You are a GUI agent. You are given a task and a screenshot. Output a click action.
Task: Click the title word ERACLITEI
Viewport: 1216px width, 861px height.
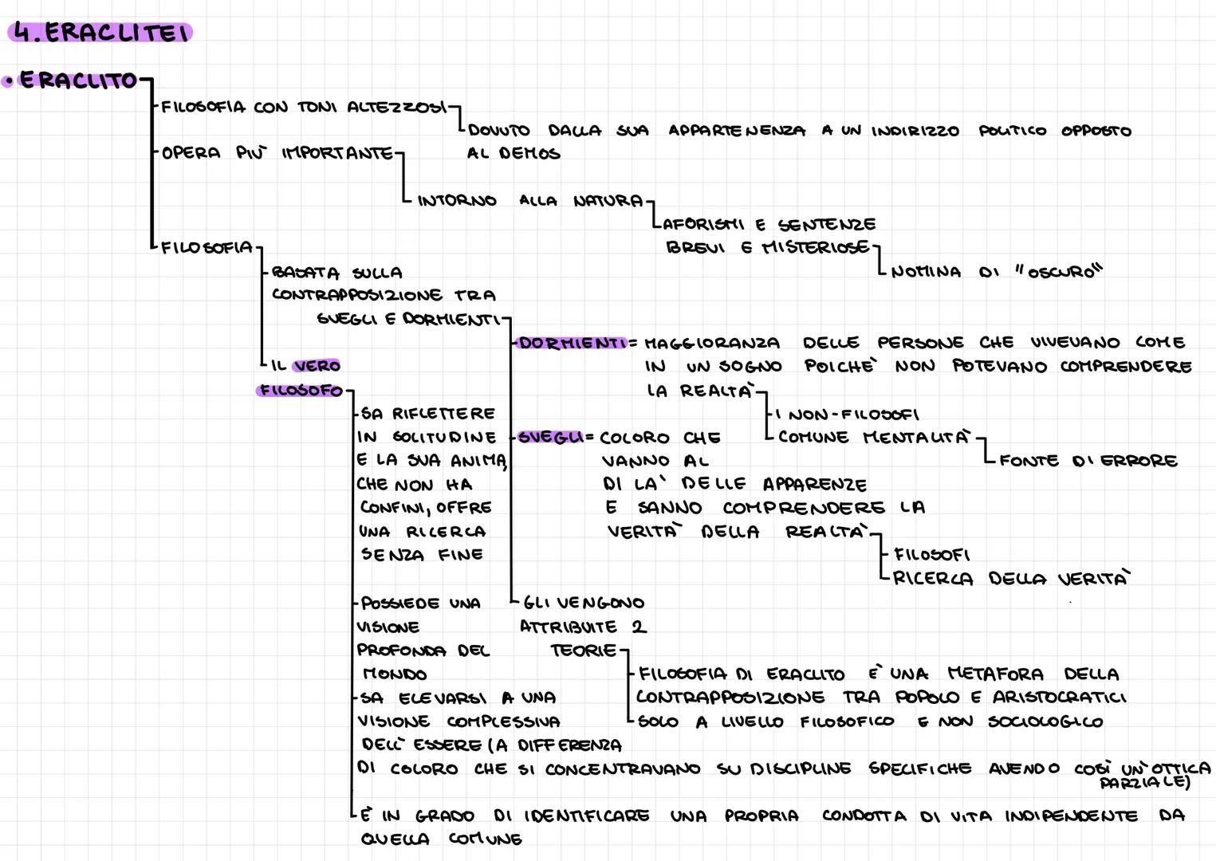116,33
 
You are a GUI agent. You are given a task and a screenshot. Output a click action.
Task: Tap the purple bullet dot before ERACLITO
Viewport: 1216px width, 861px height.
8,82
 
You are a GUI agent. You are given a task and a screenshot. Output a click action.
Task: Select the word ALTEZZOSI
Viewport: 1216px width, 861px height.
397,107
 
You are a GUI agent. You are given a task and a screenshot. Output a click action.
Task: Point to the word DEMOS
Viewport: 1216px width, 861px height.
529,153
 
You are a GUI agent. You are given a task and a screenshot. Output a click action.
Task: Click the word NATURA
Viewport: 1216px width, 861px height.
608,201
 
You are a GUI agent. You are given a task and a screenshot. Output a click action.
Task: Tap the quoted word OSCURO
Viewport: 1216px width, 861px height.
1061,271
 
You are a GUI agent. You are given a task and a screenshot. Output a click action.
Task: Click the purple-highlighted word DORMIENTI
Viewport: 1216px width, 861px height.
573,343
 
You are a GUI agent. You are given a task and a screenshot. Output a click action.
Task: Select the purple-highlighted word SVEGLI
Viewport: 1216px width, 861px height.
550,437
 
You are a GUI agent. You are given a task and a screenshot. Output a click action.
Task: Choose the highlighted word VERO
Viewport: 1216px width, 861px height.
317,366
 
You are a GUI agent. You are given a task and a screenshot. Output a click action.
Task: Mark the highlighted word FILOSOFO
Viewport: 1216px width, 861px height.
301,391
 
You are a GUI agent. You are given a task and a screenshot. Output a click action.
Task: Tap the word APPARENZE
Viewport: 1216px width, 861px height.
814,484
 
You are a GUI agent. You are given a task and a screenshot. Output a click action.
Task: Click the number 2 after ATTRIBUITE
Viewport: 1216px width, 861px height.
639,627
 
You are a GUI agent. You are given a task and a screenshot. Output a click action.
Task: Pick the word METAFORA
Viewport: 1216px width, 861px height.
996,674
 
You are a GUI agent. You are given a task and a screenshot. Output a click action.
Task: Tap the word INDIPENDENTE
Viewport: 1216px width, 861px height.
1071,816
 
